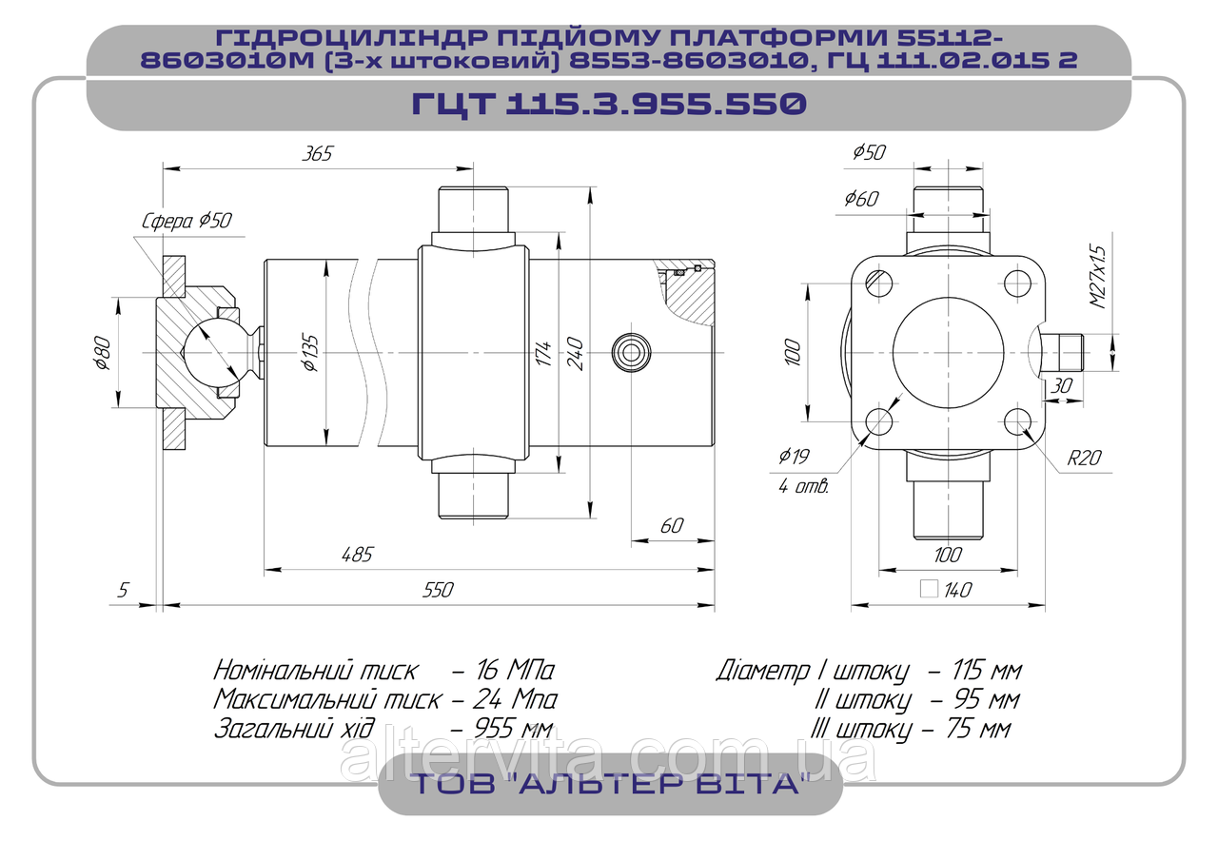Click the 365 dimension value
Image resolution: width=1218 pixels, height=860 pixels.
tap(317, 153)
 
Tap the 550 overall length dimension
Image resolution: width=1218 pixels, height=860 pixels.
tap(438, 591)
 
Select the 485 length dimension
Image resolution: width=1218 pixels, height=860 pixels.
tap(357, 555)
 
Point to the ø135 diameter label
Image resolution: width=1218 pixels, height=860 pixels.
tap(310, 353)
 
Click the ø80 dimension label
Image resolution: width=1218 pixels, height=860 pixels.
tap(102, 353)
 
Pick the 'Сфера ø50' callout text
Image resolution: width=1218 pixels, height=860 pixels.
tap(187, 221)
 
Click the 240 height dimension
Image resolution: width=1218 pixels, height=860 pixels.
tap(575, 353)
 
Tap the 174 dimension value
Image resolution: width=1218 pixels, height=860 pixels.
tap(542, 353)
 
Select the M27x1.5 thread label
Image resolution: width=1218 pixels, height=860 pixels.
tap(1098, 277)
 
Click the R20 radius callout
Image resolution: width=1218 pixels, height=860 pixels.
tap(1084, 458)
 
